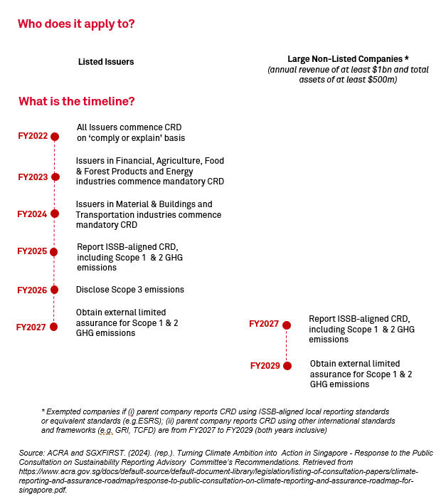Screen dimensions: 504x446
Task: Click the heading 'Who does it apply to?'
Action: [x=76, y=24]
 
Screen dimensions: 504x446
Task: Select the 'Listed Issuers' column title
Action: [x=106, y=62]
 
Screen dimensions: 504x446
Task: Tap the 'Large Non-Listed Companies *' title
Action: [x=348, y=58]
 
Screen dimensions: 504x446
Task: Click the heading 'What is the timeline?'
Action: [x=77, y=101]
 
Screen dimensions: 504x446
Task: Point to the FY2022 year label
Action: [x=32, y=136]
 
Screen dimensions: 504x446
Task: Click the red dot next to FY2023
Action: [x=55, y=177]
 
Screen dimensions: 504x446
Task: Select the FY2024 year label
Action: [x=32, y=214]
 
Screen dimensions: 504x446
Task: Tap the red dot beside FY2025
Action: [x=54, y=252]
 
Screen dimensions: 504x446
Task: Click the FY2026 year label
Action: [x=32, y=290]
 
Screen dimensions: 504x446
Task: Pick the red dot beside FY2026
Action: [x=54, y=290]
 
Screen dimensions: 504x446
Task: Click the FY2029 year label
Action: [x=265, y=366]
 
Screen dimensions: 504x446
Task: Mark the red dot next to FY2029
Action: [x=287, y=366]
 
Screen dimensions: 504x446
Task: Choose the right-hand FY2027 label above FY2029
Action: [x=264, y=325]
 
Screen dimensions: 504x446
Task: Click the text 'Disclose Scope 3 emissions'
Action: [x=130, y=290]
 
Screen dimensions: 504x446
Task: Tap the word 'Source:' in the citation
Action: [x=32, y=453]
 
